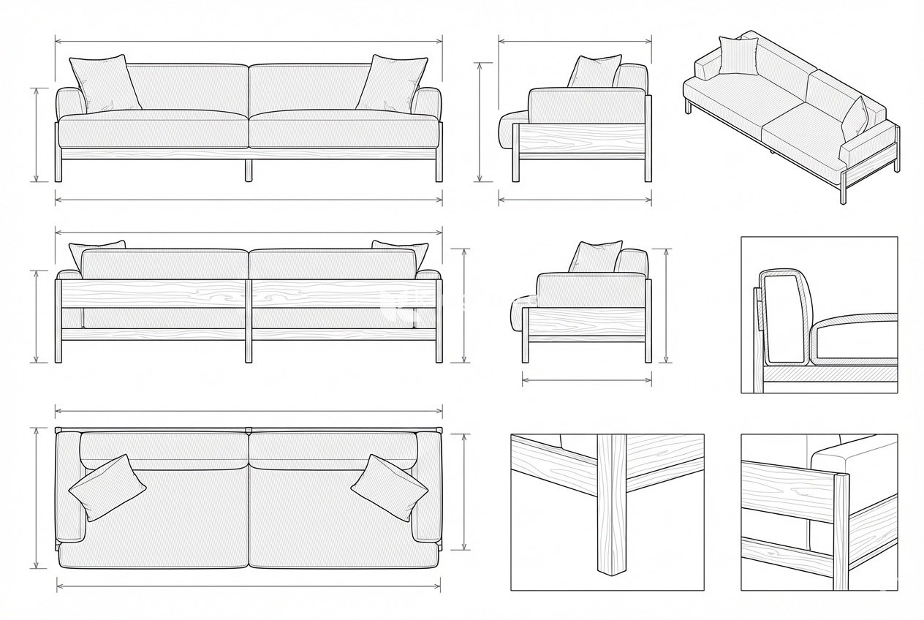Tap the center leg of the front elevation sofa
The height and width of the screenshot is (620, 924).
(249, 169)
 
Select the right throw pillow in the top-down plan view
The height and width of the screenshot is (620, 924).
(390, 487)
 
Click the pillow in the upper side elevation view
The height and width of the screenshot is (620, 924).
(594, 72)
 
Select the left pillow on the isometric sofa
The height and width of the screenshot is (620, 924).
(738, 56)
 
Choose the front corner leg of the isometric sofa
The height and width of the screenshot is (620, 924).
(843, 190)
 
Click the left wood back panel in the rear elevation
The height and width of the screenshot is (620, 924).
(154, 294)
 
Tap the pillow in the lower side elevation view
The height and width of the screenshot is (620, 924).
(596, 257)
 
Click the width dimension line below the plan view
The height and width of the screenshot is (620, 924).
(249, 585)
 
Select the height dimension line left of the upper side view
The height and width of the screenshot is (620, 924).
(480, 121)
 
